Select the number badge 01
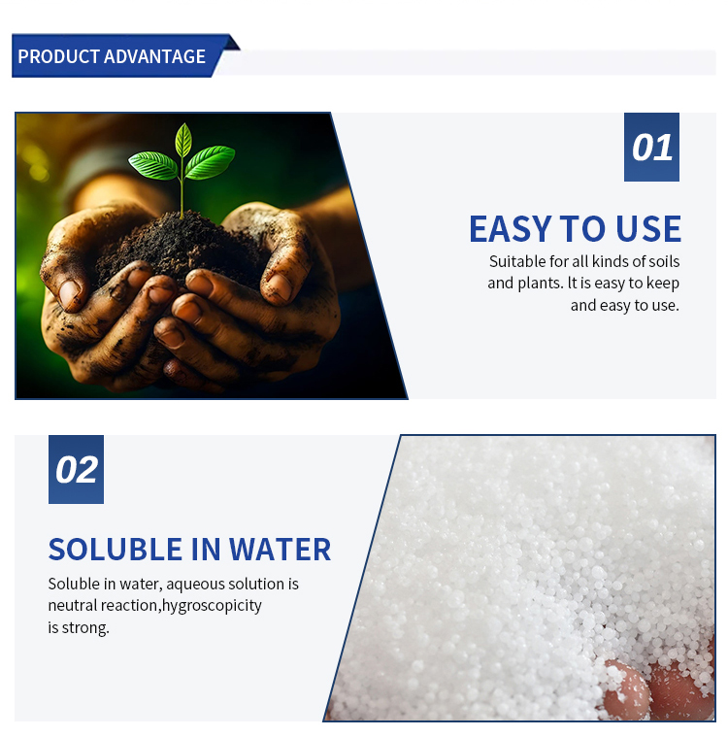click(651, 148)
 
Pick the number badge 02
click(76, 470)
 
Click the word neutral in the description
click(73, 606)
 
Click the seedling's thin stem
click(182, 194)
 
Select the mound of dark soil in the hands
click(184, 243)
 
